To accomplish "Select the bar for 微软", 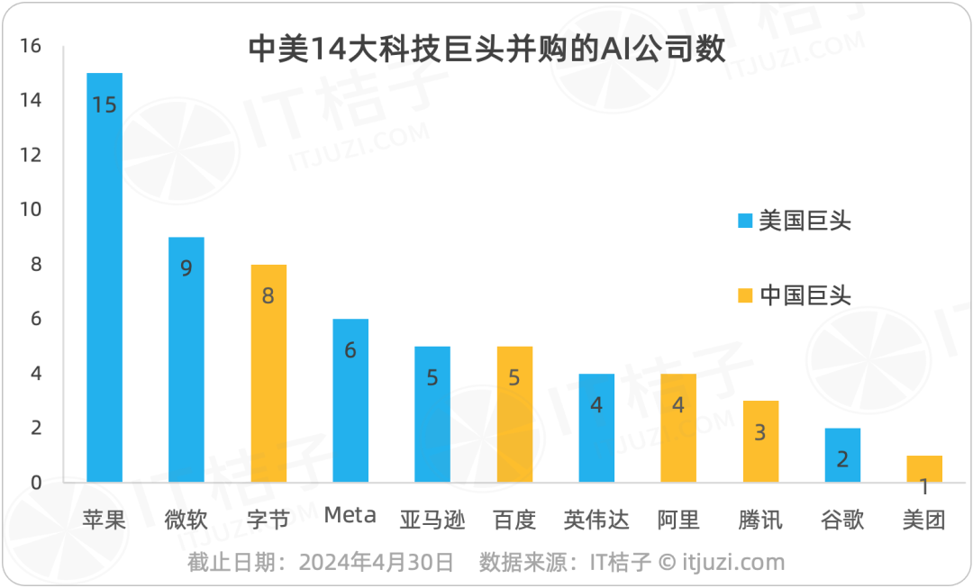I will pos(186,359).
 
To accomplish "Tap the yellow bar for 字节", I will pos(268,373).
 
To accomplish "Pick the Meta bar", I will pos(350,401).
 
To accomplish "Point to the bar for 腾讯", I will pos(760,441).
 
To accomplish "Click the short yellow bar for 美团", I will pos(924,468).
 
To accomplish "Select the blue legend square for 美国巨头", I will pos(744,221).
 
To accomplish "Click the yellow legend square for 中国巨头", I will pos(744,294).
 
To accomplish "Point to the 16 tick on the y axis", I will pos(30,46).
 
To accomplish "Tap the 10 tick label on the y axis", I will pos(30,210).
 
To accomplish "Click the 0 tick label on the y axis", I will pos(35,483).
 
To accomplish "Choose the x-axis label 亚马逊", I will pos(432,520).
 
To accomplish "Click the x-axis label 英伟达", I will pos(596,520).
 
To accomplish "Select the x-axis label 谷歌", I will pos(842,520).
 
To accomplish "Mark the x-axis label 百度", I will pos(514,520).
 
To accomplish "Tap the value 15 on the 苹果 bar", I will pos(105,104).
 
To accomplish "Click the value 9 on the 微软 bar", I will pos(186,268).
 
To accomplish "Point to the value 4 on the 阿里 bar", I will pos(678,405).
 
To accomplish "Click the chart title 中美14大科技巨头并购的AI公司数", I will pos(486,50).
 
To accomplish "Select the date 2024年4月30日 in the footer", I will pos(377,563).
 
